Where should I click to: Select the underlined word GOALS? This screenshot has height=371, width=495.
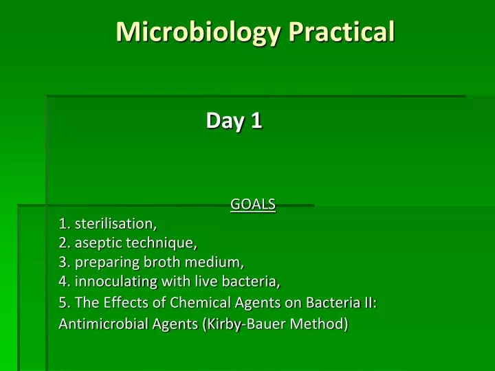tap(253, 204)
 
